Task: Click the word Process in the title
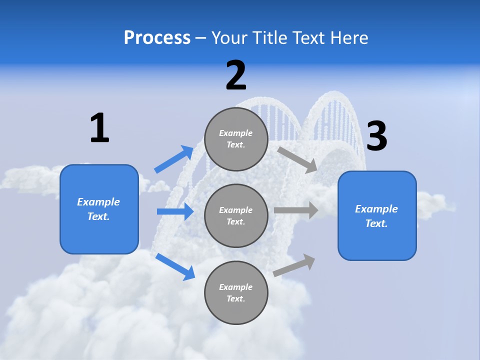coord(157,38)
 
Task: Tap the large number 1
coord(99,128)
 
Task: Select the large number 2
coord(236,75)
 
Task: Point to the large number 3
coord(377,136)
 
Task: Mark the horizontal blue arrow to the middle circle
coord(175,211)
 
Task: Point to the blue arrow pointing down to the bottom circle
coord(175,266)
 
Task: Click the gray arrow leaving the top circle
coord(297,159)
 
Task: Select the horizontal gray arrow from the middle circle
coord(296,210)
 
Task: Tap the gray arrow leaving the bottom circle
coord(294,265)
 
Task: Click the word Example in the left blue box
coord(98,202)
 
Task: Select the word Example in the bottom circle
coord(236,287)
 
